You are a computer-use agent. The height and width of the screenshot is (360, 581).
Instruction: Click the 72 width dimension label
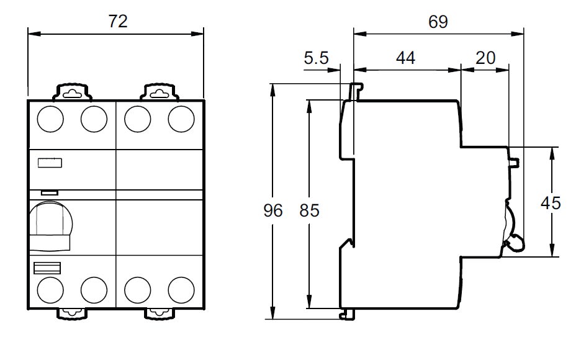point(118,22)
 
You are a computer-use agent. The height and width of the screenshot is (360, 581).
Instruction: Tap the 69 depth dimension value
point(438,22)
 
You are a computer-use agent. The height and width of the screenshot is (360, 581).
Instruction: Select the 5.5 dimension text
point(316,58)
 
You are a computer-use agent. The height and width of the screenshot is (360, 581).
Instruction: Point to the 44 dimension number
point(406,58)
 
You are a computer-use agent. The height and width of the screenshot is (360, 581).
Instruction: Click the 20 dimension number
point(485,58)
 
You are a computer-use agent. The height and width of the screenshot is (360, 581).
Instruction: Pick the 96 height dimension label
point(273,210)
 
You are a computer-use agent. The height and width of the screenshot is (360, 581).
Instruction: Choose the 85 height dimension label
point(309,210)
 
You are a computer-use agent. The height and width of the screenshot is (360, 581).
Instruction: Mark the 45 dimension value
point(551,203)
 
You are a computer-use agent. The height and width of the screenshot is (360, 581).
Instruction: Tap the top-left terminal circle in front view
point(50,119)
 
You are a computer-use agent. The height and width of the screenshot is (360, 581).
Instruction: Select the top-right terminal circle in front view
point(181,119)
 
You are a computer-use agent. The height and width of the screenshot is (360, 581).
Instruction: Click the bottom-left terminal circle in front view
point(50,290)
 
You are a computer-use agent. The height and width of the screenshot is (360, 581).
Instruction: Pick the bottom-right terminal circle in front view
point(181,290)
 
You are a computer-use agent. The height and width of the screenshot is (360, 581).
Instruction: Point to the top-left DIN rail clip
point(72,92)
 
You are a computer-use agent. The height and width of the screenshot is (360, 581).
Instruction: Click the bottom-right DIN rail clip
point(160,313)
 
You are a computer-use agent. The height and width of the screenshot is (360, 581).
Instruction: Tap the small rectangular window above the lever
point(50,192)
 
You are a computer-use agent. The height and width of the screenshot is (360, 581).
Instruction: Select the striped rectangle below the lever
point(47,268)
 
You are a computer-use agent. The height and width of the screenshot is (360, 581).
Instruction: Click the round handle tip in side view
point(515,243)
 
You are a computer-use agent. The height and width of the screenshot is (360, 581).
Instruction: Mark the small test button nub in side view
point(514,163)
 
